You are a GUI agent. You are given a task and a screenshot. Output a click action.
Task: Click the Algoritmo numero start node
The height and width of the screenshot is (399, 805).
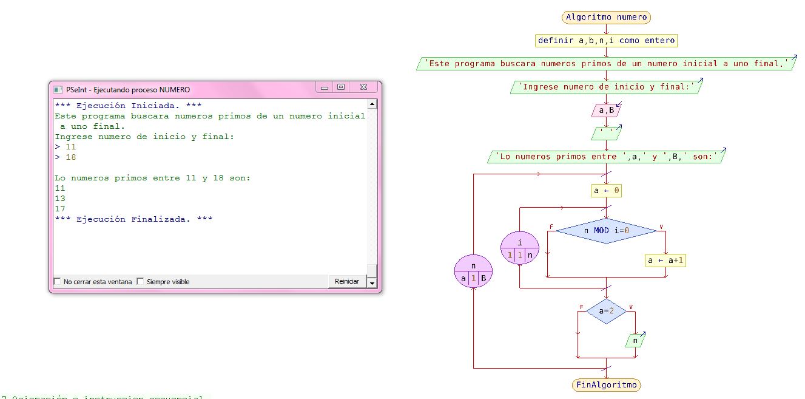(606, 17)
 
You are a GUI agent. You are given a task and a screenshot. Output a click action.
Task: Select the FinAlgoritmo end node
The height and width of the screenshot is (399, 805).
(606, 385)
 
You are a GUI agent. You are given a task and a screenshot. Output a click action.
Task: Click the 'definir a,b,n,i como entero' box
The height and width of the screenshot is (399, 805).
(606, 41)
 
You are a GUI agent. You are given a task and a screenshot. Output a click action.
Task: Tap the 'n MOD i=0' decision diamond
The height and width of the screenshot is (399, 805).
(606, 231)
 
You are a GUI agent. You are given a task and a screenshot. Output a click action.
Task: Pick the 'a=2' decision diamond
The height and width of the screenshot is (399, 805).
(606, 312)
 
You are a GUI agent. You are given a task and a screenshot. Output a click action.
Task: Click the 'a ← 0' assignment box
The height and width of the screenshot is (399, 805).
(606, 191)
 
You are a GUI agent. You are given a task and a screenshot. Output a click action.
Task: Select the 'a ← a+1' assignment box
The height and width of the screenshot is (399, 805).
(665, 261)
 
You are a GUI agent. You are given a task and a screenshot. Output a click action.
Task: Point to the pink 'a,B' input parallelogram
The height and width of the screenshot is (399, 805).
(606, 111)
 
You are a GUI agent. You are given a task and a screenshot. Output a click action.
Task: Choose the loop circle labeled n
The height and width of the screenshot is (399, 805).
(473, 271)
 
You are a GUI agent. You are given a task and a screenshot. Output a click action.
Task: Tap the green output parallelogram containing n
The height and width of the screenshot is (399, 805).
(635, 341)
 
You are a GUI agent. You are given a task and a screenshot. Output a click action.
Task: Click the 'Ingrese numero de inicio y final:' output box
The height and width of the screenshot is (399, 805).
(606, 87)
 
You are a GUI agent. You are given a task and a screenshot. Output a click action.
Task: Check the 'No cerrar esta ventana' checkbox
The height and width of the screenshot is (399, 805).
(58, 282)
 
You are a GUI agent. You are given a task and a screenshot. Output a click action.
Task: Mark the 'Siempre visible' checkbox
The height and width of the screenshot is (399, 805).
(140, 282)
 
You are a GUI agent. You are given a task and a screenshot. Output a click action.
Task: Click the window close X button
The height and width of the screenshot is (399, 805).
(363, 87)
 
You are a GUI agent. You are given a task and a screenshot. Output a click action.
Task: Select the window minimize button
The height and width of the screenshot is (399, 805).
(325, 87)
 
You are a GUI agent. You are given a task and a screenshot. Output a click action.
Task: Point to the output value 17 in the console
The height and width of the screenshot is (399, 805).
(60, 209)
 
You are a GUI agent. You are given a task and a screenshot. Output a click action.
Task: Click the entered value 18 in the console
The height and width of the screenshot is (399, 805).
(70, 157)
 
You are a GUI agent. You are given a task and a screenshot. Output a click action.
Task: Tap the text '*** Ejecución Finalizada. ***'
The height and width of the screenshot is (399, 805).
(133, 219)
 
